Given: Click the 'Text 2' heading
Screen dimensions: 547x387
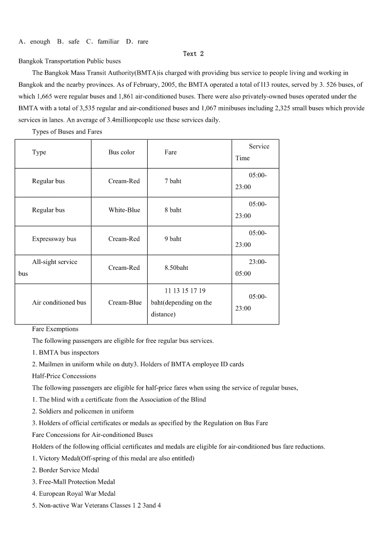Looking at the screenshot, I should (193, 54).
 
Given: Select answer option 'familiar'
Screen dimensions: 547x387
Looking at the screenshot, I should (108, 42).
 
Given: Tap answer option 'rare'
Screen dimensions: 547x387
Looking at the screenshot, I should (143, 42).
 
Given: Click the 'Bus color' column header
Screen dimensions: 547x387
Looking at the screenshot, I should (121, 152).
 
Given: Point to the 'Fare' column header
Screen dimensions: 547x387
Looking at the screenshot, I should (171, 152).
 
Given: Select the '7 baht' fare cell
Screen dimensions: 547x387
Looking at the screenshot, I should (173, 181).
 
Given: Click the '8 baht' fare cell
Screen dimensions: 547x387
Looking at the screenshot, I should (173, 210).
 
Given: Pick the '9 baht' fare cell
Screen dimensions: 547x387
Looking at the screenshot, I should (173, 239).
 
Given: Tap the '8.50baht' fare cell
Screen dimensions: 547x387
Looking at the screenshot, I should (176, 267).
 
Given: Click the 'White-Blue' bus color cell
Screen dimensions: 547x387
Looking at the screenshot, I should (124, 210).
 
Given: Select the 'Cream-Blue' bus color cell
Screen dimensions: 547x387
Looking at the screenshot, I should (125, 302).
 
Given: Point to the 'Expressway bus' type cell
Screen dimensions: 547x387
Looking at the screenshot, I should (54, 239).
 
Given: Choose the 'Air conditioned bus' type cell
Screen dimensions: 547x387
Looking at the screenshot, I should (59, 302).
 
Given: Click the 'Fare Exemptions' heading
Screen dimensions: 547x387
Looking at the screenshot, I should (55, 329).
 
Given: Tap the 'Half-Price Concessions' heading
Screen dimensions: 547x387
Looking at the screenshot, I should (64, 376).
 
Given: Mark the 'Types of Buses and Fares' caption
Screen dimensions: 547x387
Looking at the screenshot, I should (67, 132).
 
